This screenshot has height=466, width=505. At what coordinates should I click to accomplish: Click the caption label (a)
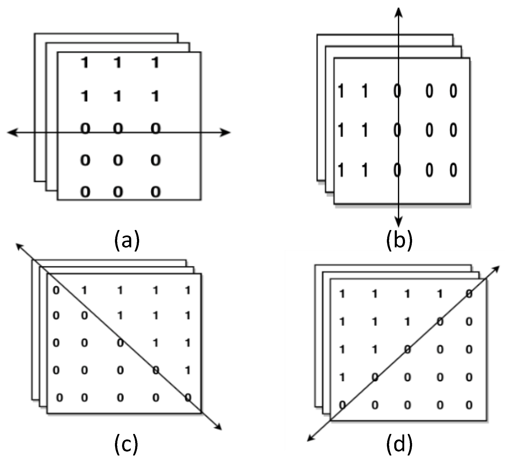(127, 240)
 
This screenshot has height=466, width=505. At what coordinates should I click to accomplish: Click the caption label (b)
(399, 240)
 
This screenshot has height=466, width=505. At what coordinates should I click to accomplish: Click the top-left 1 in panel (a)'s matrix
(85, 63)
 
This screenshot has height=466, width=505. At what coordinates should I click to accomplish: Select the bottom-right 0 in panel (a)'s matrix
(155, 192)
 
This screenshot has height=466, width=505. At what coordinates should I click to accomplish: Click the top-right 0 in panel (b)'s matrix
(453, 91)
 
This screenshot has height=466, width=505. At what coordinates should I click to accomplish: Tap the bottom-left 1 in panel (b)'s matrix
(341, 170)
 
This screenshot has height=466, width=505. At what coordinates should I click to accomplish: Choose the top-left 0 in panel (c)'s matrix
(56, 290)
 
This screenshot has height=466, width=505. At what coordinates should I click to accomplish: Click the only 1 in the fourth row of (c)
(187, 370)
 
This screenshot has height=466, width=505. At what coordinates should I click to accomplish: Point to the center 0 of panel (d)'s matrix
(407, 349)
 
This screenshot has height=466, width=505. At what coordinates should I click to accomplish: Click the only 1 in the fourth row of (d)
(342, 377)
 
